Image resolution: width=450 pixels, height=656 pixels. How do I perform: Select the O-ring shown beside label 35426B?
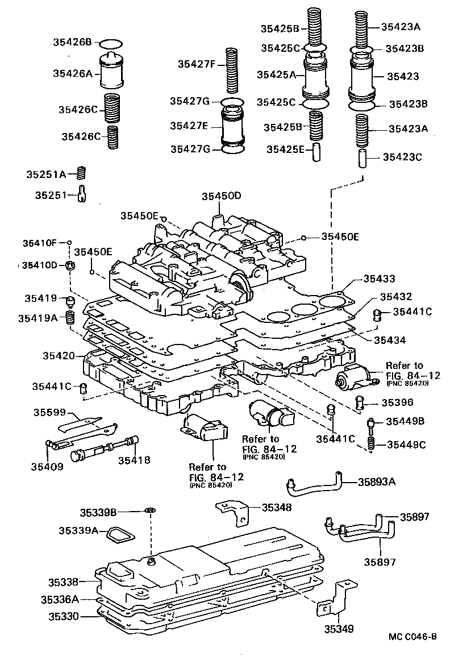coord(110,44)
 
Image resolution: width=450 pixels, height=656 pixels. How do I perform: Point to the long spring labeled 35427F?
coord(232,69)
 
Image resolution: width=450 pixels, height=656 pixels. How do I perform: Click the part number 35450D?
coord(221,197)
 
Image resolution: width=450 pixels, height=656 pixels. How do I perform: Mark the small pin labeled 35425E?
coord(317,153)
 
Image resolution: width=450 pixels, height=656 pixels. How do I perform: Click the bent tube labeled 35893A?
coord(316,483)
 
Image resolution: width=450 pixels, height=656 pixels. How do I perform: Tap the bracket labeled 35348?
coord(235,511)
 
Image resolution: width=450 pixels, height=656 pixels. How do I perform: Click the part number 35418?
coord(135,460)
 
